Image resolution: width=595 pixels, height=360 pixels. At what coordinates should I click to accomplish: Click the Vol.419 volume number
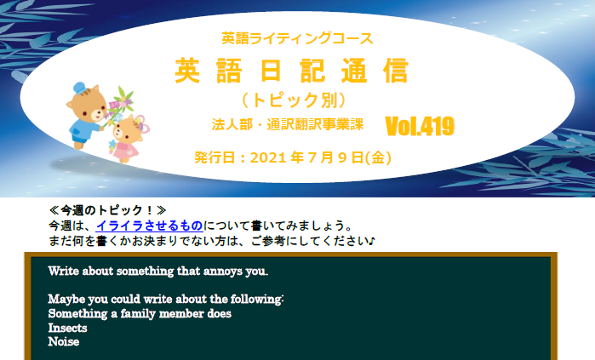(420, 126)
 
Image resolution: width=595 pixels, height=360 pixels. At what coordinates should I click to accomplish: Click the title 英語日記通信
(292, 71)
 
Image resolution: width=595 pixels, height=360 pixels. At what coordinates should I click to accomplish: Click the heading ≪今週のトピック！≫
(107, 209)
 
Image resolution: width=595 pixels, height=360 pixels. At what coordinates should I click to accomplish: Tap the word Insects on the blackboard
(67, 328)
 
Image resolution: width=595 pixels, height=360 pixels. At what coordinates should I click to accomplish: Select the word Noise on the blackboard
(64, 342)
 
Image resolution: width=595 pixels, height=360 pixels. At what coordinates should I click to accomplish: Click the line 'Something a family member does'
(140, 313)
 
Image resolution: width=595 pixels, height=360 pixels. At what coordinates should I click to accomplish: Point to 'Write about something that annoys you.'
(157, 271)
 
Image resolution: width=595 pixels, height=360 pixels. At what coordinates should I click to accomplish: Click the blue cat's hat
(79, 87)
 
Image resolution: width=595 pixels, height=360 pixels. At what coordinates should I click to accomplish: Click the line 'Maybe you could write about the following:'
(165, 300)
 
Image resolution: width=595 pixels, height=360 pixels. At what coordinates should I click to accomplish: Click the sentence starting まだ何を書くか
(213, 241)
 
